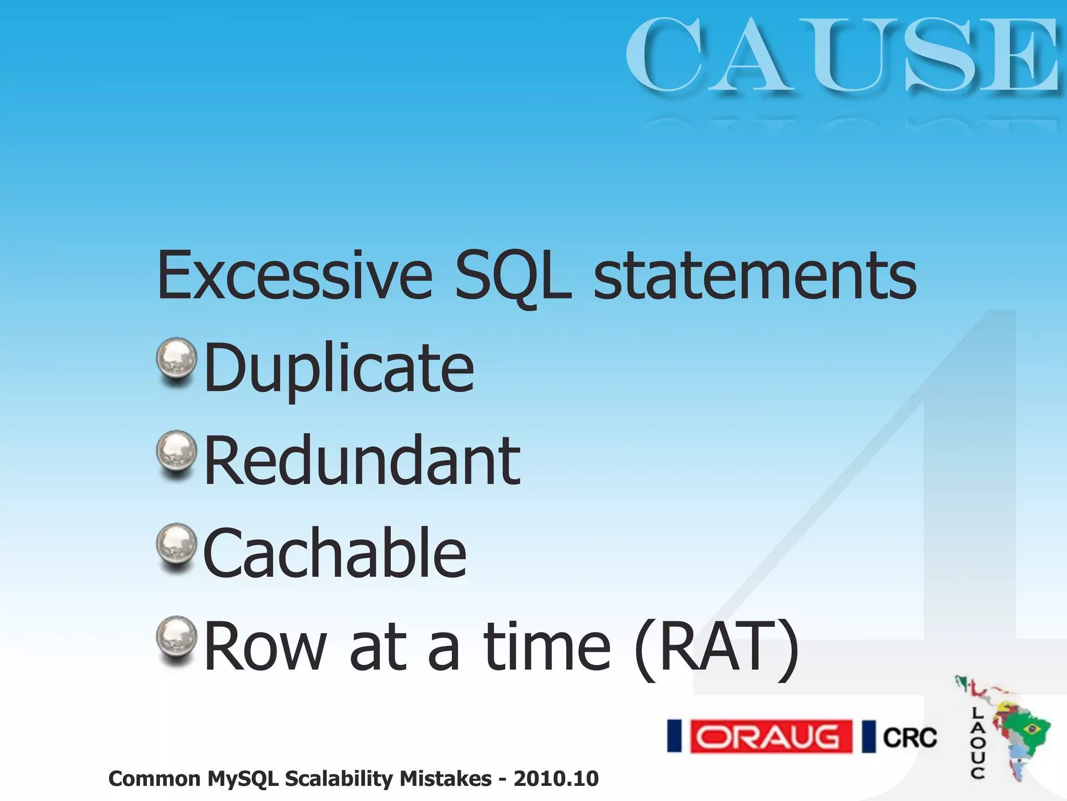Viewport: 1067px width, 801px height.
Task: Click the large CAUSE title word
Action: (x=841, y=55)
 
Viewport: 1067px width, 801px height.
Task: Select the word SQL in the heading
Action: (x=513, y=276)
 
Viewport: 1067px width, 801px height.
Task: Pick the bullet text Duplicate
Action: (x=339, y=368)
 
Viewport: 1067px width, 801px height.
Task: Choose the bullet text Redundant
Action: (x=362, y=461)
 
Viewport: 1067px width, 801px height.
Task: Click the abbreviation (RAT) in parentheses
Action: (x=716, y=648)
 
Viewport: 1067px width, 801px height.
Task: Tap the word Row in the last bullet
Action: (x=266, y=648)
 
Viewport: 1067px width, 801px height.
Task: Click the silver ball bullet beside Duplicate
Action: (x=177, y=358)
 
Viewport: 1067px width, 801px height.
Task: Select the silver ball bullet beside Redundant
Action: (x=177, y=451)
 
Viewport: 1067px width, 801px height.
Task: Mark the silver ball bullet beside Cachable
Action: (x=177, y=544)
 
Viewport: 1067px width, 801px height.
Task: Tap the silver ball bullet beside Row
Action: (x=177, y=637)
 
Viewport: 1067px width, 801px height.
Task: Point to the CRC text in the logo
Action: (x=910, y=737)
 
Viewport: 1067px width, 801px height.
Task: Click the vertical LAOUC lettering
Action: (x=977, y=743)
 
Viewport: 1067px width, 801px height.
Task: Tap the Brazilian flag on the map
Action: (x=1031, y=728)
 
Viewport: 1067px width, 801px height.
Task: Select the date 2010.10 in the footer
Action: (x=556, y=779)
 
